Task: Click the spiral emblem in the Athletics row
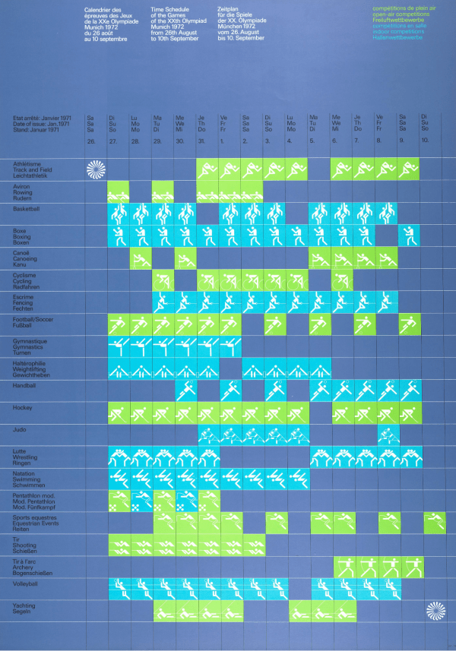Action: coord(96,169)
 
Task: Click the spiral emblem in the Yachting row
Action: coord(435,610)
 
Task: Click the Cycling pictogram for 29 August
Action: coord(163,280)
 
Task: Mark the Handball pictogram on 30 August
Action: coord(185,390)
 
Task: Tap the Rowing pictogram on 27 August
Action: coord(119,191)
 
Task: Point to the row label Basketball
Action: coord(27,208)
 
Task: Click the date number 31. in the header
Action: coord(201,141)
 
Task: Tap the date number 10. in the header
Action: coord(425,141)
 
